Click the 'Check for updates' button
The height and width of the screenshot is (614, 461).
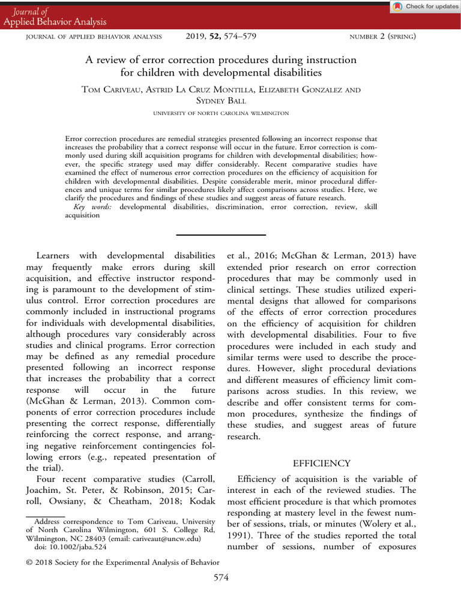(425, 7)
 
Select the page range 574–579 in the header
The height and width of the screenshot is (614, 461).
(241, 37)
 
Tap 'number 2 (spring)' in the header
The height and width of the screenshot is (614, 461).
(382, 37)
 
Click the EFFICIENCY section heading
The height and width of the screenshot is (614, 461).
(321, 463)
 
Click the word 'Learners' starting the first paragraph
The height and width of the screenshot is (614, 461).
(55, 256)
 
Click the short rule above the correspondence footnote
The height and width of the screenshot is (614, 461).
(46, 515)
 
